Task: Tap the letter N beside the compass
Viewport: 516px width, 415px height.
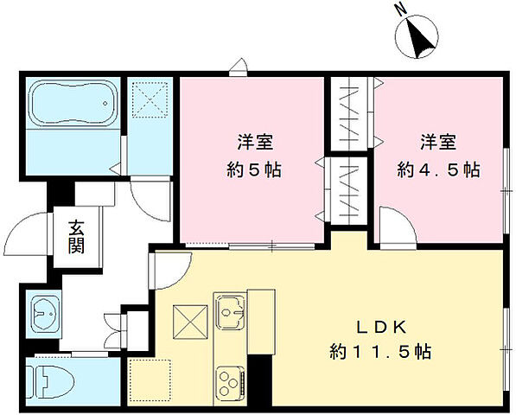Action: click(x=399, y=10)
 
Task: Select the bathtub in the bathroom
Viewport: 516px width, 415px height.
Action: click(x=73, y=105)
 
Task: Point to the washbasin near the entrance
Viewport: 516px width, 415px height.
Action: click(x=43, y=315)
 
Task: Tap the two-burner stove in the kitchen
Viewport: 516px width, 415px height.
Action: click(x=229, y=380)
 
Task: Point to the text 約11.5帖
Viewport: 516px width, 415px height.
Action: click(x=380, y=352)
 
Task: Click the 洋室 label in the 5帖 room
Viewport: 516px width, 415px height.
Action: click(x=253, y=142)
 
